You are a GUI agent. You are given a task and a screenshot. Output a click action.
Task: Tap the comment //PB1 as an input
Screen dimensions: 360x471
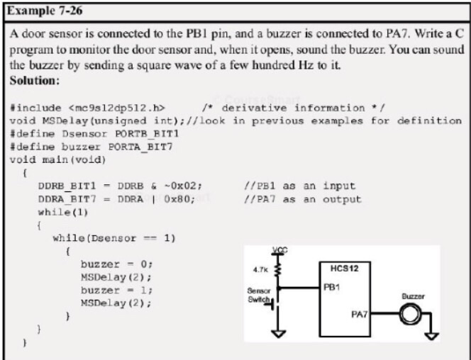pos(299,186)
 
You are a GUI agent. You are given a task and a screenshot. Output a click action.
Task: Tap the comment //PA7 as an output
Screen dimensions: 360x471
pos(302,198)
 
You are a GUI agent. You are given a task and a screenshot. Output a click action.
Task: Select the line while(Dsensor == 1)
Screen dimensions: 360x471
pos(113,237)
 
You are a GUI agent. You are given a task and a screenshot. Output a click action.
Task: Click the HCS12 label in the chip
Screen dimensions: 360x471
pos(343,269)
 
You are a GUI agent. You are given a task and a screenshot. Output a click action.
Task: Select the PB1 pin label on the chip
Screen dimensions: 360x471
pos(331,287)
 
